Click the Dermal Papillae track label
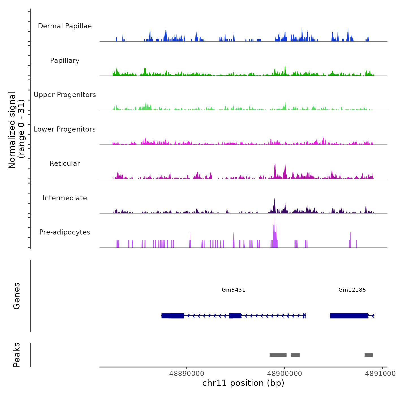(x=65, y=26)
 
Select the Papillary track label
(x=65, y=61)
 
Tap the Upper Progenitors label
(x=65, y=95)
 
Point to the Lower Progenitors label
(x=65, y=129)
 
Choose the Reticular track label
(x=65, y=163)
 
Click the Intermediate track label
(x=65, y=198)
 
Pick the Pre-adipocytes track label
(x=65, y=232)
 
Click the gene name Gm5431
(x=234, y=290)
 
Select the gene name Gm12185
(x=352, y=290)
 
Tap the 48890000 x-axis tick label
(x=187, y=374)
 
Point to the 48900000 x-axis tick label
(x=285, y=374)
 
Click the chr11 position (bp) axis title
(x=243, y=383)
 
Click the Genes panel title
(x=17, y=296)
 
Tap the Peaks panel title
(x=17, y=355)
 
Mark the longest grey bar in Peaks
(x=278, y=355)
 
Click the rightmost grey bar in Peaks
(x=369, y=355)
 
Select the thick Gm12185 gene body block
(x=349, y=316)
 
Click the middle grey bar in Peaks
(x=295, y=355)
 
